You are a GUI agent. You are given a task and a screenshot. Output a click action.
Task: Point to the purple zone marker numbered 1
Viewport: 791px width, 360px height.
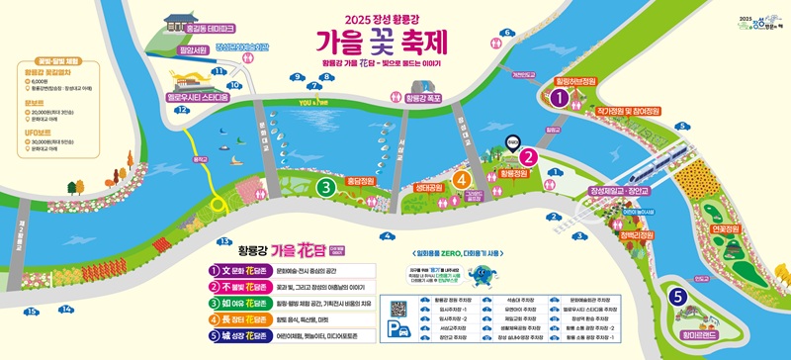tap(560, 97)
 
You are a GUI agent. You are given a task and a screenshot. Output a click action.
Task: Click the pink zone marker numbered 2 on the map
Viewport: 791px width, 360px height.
tap(529, 155)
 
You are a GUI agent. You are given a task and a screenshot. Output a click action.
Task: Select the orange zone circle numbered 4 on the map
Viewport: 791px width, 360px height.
tap(461, 179)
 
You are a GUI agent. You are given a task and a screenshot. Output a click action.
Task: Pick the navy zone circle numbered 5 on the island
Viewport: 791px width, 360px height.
tap(677, 296)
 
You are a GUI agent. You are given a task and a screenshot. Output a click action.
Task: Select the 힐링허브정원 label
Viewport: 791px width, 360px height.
tap(576, 81)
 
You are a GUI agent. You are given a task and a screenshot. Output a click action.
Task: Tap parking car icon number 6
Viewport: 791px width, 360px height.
tap(508, 33)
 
